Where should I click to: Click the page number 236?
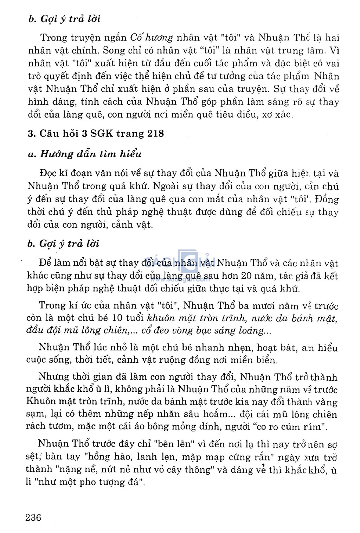point(33,518)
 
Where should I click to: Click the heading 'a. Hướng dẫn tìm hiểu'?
point(85,154)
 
